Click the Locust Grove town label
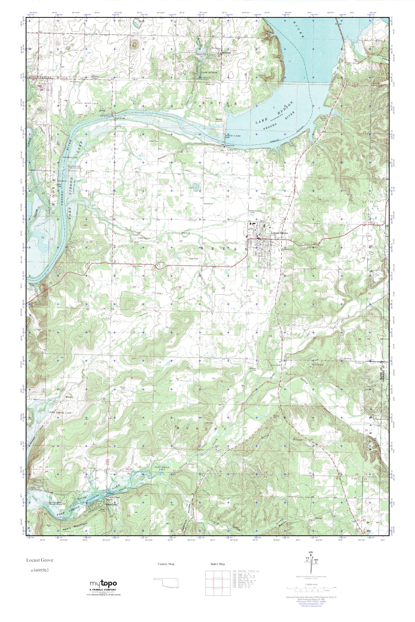(x=279, y=233)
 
